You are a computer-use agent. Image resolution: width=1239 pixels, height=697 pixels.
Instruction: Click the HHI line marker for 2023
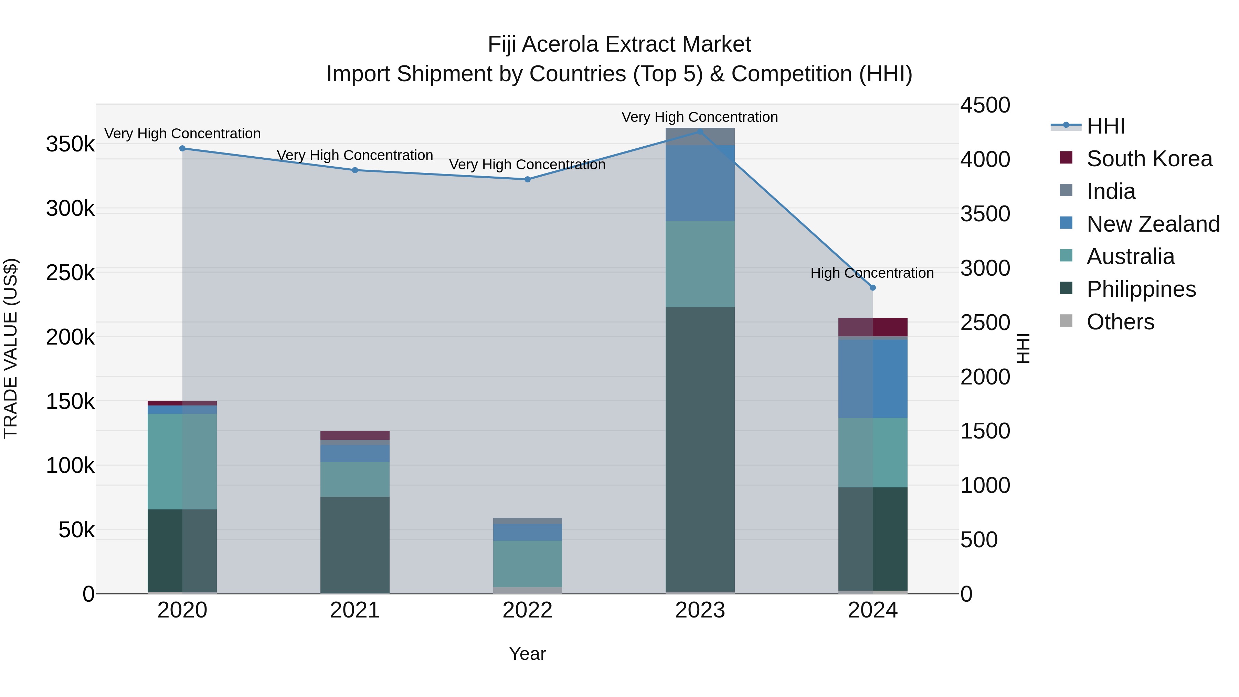coord(700,131)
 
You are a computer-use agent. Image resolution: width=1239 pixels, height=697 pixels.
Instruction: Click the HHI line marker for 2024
coord(873,288)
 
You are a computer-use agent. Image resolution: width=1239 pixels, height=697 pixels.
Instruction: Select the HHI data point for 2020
coord(182,149)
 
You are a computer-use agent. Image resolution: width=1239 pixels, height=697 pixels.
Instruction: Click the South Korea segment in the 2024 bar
coord(873,327)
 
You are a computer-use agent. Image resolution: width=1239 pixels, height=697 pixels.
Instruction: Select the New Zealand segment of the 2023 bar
coord(700,183)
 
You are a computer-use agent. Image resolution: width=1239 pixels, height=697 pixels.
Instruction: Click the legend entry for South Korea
coord(1149,159)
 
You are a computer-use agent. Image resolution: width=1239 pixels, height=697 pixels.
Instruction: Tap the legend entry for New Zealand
coord(1153,224)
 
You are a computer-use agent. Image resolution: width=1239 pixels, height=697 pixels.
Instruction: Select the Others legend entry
coord(1120,322)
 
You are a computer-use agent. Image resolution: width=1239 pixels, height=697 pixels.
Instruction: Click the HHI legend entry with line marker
coord(1105,126)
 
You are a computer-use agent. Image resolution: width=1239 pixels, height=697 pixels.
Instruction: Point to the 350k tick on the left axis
coord(70,144)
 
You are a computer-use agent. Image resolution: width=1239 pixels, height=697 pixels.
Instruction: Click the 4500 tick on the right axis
coord(985,105)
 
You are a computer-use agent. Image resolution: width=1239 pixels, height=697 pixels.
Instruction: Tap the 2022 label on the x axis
coord(527,610)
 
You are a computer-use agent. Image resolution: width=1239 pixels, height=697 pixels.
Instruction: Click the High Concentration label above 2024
coord(872,273)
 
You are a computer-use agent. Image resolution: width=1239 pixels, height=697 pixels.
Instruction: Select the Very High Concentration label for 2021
coord(354,155)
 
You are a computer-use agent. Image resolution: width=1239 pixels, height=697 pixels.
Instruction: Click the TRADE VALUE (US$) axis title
coord(11,348)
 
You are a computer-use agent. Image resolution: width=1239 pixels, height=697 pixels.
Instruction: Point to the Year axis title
coord(527,654)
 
